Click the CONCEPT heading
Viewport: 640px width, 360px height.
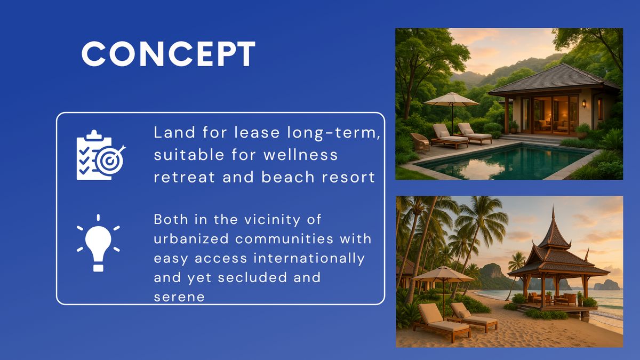[x=169, y=54]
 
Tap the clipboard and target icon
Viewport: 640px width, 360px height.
[x=101, y=155]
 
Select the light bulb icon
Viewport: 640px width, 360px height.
[x=98, y=243]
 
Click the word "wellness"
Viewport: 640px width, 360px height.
[x=301, y=155]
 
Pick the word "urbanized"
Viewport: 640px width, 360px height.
[x=191, y=238]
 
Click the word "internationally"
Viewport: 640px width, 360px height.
[x=309, y=258]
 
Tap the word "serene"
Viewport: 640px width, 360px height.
[x=179, y=297]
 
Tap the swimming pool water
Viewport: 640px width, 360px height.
[x=503, y=162]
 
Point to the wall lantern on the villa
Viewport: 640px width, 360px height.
[x=584, y=103]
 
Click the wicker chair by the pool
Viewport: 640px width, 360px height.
[x=420, y=142]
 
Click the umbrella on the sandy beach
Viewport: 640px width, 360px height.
[x=443, y=274]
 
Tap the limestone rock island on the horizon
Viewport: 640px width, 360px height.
[x=606, y=285]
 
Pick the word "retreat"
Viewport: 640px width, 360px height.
[x=185, y=177]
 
